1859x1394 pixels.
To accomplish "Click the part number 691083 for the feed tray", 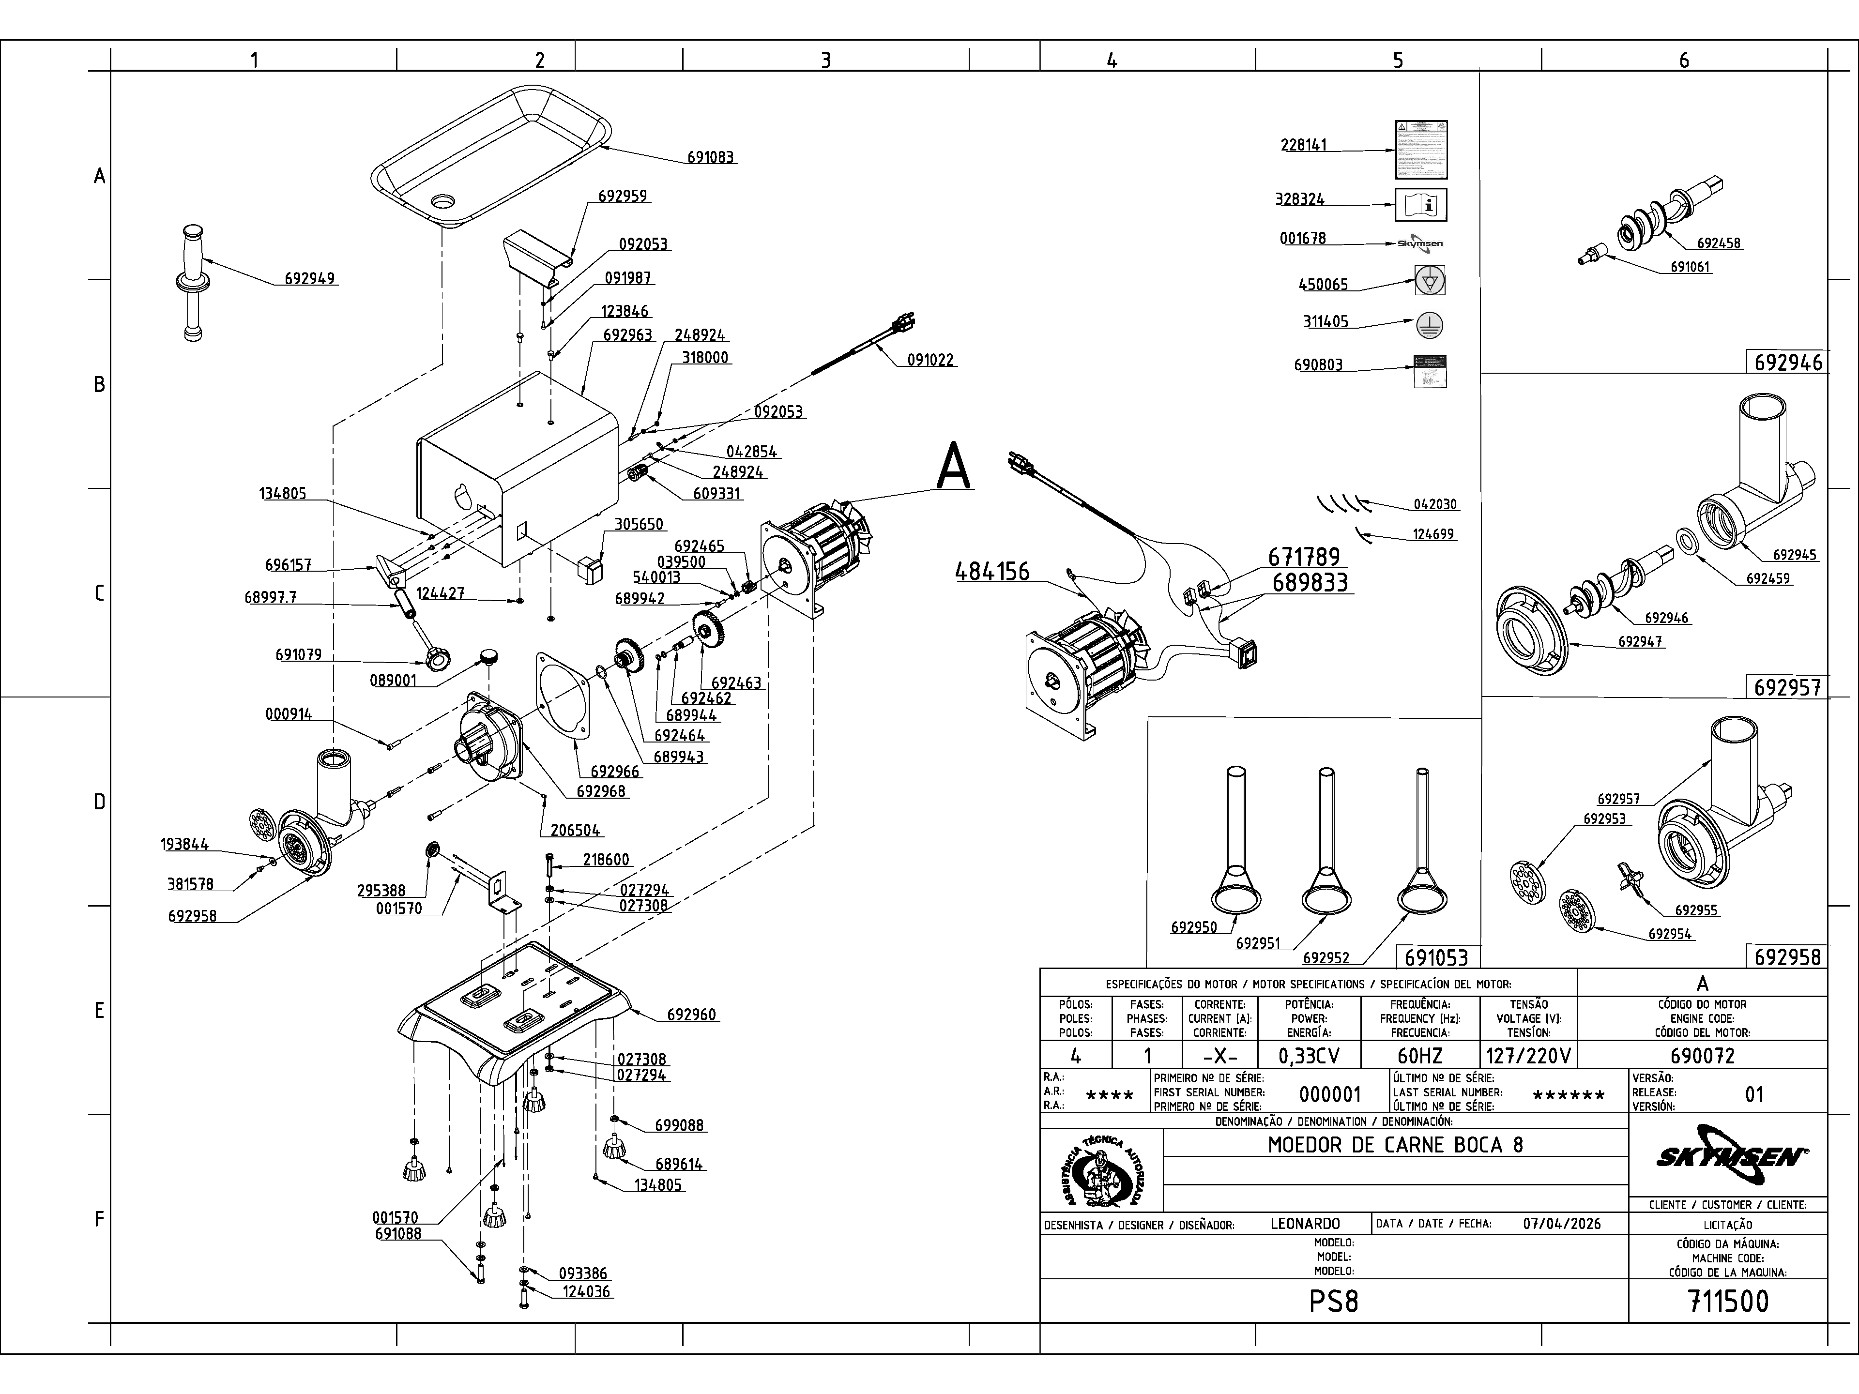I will tap(710, 157).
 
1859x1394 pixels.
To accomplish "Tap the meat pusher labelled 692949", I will tap(193, 282).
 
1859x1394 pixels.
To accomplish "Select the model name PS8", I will tap(1334, 1302).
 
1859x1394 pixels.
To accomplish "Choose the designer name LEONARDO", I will tap(1305, 1224).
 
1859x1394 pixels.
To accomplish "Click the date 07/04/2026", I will tap(1561, 1224).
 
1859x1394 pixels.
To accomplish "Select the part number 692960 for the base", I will tap(692, 1015).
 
